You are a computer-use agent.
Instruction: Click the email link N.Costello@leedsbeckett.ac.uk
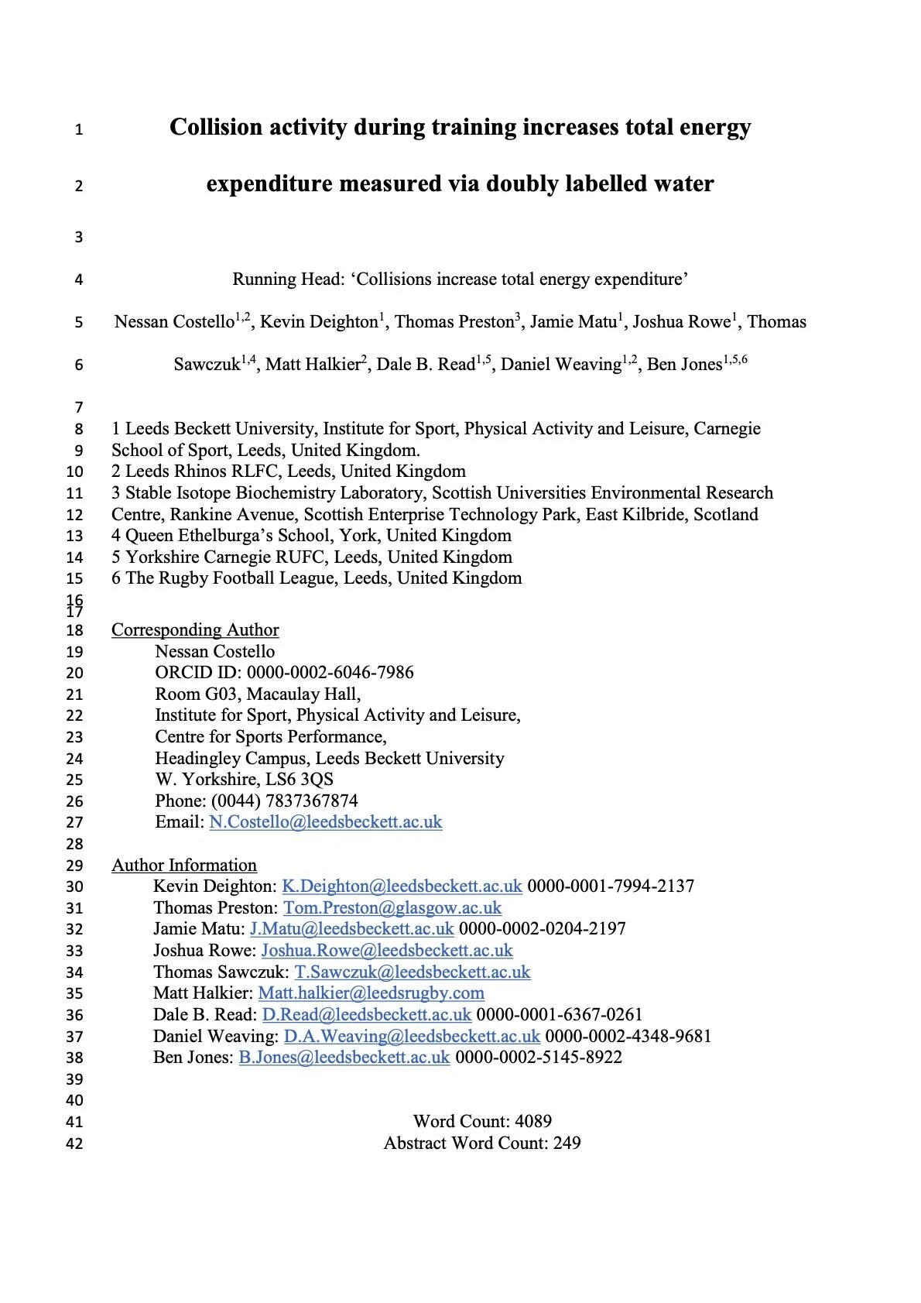[x=326, y=822]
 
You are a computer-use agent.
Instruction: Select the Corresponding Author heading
[x=195, y=630]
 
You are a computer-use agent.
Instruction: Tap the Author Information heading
[x=184, y=866]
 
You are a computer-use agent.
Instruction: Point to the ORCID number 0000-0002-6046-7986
[x=330, y=672]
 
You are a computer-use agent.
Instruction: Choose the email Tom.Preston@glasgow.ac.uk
[x=392, y=907]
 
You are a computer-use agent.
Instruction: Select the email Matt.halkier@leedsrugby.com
[x=371, y=993]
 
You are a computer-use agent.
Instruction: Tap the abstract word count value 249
[x=567, y=1143]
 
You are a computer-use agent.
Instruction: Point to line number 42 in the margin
[x=74, y=1144]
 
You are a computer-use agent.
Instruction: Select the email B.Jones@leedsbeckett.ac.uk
[x=344, y=1057]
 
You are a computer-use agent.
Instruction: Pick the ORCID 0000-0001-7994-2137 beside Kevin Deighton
[x=611, y=886]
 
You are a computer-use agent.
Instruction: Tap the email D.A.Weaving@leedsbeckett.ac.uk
[x=412, y=1036]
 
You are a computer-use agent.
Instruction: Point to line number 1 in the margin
[x=78, y=129]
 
